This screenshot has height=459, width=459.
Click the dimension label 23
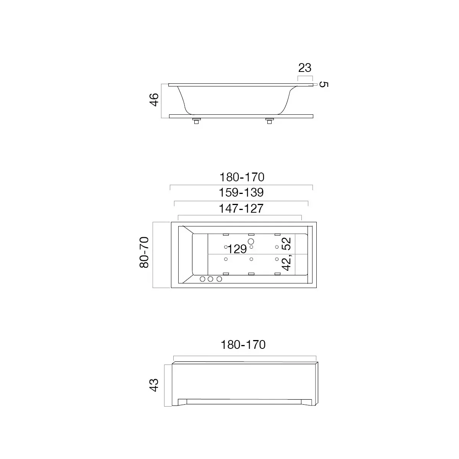tap(304, 68)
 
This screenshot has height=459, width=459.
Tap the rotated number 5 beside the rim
tap(324, 84)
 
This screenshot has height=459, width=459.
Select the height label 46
tap(154, 100)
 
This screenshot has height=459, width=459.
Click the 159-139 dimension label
tap(241, 192)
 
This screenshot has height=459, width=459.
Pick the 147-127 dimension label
tap(241, 209)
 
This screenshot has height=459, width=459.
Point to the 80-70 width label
tap(144, 252)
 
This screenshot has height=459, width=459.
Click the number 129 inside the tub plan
tap(237, 249)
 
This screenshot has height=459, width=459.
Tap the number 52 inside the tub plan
tap(286, 244)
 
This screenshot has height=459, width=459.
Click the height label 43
tap(154, 385)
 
